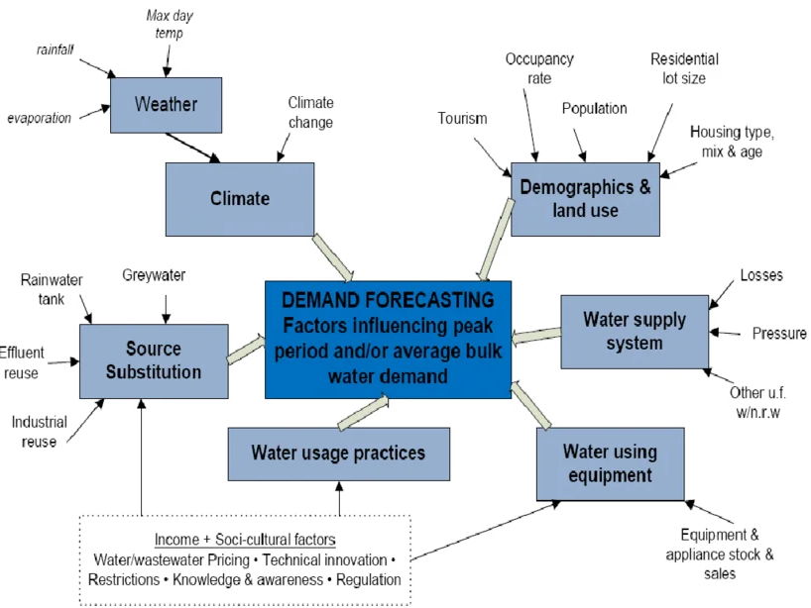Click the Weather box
[x=167, y=103]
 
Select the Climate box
[x=240, y=198]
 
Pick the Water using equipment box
[x=610, y=463]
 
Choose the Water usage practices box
[x=338, y=454]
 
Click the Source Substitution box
[x=154, y=360]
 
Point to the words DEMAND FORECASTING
[x=388, y=299]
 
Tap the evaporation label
[x=40, y=118]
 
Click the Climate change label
[x=310, y=112]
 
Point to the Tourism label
[x=462, y=119]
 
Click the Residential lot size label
[x=684, y=68]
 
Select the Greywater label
[x=154, y=275]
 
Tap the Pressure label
[x=779, y=333]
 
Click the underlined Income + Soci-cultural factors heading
[x=244, y=539]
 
